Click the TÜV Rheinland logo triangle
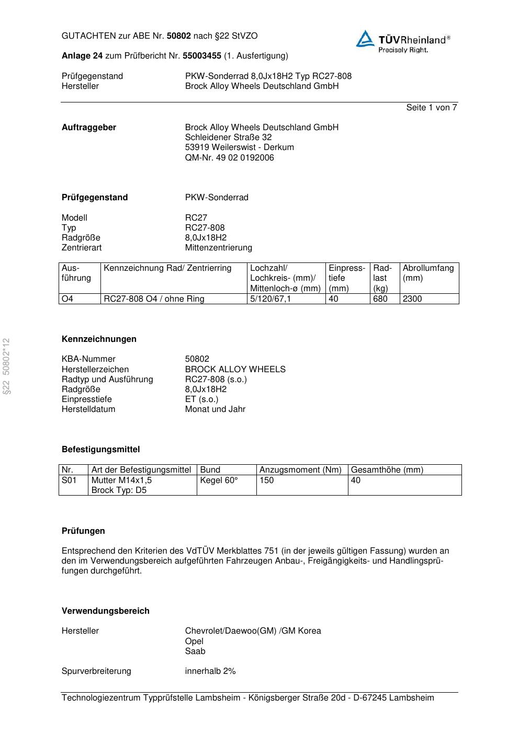click(365, 39)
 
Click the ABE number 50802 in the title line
click(178, 36)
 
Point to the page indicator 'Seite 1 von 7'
click(431, 107)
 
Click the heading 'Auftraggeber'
click(89, 127)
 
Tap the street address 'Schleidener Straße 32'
click(228, 137)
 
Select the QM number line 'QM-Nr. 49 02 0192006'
click(229, 157)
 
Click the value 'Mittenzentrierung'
click(218, 247)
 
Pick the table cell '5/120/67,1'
click(270, 299)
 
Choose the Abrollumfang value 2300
click(412, 299)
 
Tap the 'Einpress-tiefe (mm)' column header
click(347, 278)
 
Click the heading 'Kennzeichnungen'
click(99, 339)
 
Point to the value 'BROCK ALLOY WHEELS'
click(235, 369)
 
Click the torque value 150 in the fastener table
click(267, 480)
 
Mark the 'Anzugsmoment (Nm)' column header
click(300, 469)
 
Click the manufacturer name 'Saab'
click(195, 651)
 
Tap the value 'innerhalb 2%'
click(210, 671)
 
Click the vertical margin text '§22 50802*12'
click(6, 366)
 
